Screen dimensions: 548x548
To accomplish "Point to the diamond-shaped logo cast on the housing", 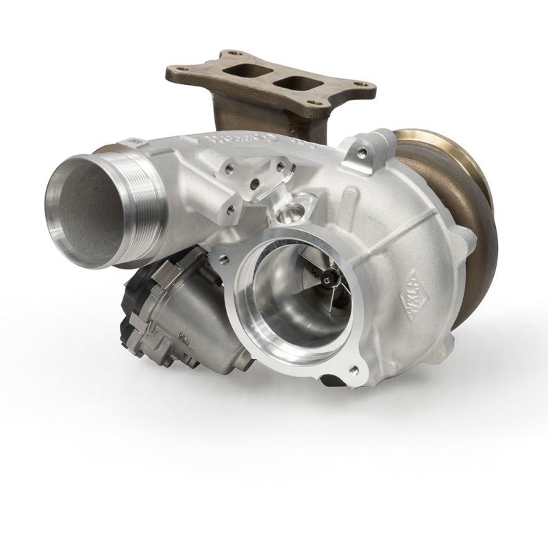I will [x=412, y=290].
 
